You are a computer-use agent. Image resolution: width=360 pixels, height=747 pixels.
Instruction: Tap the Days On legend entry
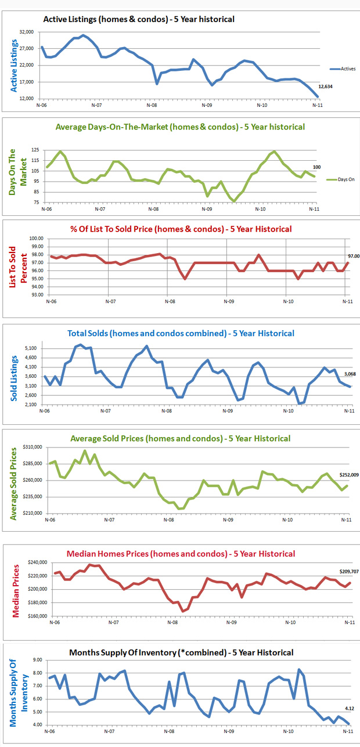click(344, 180)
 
